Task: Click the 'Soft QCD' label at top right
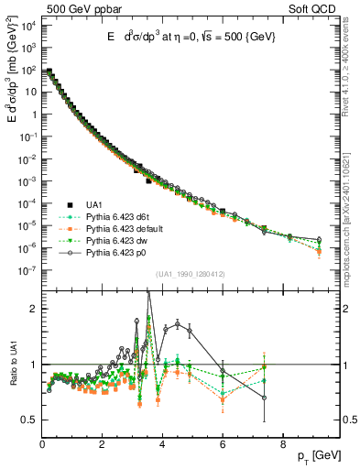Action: pyautogui.click(x=316, y=8)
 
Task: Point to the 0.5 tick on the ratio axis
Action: pyautogui.click(x=29, y=420)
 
